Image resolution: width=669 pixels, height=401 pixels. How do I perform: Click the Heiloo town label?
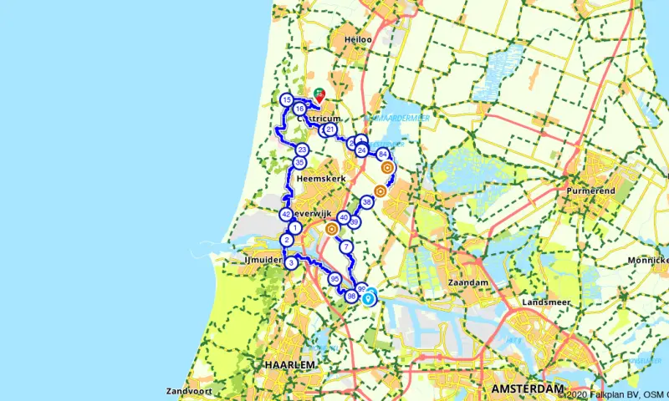(x=358, y=39)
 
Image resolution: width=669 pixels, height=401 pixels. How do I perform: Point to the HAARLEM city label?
(x=289, y=366)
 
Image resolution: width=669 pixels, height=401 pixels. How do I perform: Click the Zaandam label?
(x=468, y=283)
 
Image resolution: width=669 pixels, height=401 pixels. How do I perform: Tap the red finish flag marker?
(x=319, y=97)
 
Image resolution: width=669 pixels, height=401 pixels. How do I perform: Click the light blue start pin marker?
(x=369, y=295)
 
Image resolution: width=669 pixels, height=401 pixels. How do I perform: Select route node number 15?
(x=287, y=100)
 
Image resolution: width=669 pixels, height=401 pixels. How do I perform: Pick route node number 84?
(x=382, y=155)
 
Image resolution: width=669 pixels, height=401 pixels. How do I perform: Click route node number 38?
(x=367, y=202)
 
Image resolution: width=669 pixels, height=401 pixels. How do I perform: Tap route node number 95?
(x=334, y=279)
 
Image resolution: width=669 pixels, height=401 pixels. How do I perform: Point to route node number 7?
(x=345, y=246)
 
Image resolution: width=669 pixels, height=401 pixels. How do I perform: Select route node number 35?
(x=299, y=162)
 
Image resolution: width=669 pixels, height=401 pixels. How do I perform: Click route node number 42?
(x=286, y=214)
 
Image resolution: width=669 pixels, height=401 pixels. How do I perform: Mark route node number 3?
(x=290, y=263)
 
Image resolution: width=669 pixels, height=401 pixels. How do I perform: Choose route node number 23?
(x=302, y=150)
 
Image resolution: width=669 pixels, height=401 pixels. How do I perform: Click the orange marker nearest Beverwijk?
(x=332, y=228)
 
